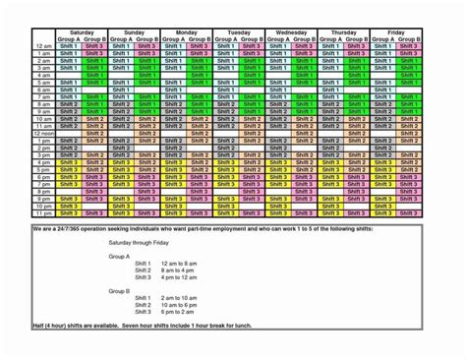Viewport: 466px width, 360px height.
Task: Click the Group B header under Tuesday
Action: [x=251, y=39]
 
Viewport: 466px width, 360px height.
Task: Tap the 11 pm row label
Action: [x=41, y=211]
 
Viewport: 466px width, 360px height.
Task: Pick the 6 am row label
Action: [x=42, y=90]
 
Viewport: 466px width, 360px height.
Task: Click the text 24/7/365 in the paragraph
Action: [x=63, y=226]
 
